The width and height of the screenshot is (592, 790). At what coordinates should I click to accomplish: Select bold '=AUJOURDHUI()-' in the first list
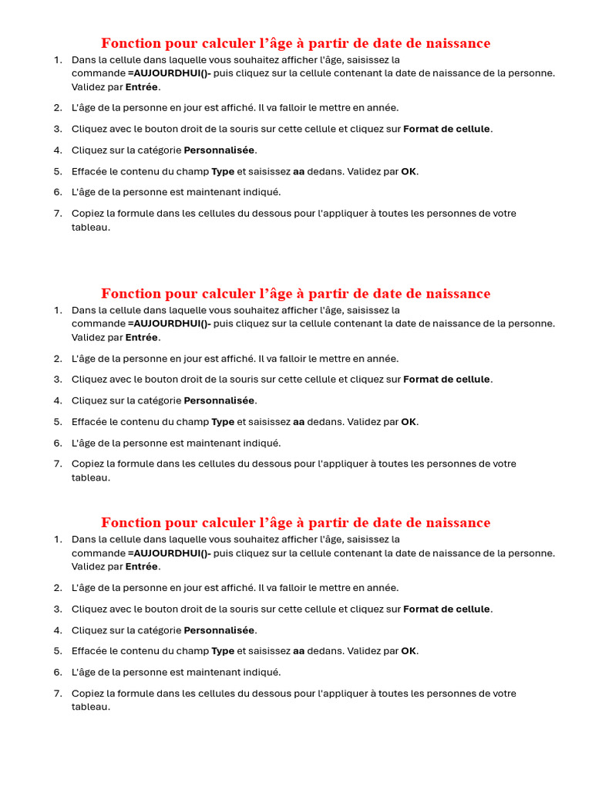tap(170, 73)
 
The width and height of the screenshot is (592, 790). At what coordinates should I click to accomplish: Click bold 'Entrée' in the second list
tap(142, 337)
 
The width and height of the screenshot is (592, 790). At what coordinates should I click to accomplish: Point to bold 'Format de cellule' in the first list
tap(446, 129)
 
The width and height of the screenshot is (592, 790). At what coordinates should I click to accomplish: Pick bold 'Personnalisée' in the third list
tap(219, 630)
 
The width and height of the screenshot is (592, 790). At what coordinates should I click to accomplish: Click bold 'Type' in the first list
tap(223, 171)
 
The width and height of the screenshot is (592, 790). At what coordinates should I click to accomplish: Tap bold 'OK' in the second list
tap(409, 421)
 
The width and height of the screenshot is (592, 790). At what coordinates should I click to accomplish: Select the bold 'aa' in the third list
tap(299, 650)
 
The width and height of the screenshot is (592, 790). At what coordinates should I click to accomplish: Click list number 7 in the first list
tap(58, 213)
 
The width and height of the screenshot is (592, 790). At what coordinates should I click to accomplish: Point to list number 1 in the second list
tap(58, 310)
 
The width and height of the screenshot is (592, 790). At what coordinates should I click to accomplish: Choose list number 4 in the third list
tap(58, 630)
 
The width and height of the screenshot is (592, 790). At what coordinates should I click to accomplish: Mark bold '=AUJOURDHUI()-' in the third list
tap(170, 553)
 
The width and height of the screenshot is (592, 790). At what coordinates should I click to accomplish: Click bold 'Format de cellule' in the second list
tap(446, 379)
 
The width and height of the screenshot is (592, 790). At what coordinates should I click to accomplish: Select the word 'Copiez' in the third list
tap(89, 693)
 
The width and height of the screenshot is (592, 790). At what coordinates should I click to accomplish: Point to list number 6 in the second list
tap(58, 443)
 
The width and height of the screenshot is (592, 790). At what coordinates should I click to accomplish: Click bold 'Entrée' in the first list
tap(142, 87)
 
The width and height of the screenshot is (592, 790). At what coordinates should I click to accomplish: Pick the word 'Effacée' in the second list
tap(89, 421)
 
